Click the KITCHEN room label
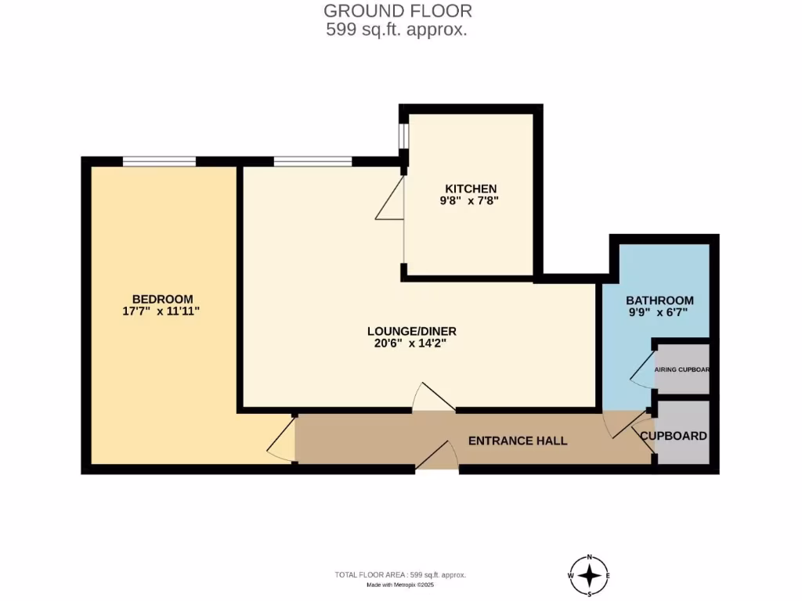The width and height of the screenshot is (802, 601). coord(471,189)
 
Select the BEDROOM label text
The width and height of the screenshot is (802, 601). coord(162,299)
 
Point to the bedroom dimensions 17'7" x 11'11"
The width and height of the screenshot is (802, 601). coord(162,311)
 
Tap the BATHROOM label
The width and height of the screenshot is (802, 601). coord(659,300)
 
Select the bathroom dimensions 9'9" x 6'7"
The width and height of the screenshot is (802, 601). coord(659,313)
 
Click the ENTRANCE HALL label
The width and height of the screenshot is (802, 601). coord(518,441)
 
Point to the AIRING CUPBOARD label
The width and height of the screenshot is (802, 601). coord(682,369)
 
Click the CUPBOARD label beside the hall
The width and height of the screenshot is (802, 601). coord(674,436)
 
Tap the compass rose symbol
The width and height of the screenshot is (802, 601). coord(590,577)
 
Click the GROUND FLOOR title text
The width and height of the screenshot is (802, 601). coord(398,11)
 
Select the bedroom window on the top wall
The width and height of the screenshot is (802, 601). coord(159,161)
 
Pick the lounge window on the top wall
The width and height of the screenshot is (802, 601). coord(312,161)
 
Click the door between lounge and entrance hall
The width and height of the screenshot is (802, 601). coord(434,399)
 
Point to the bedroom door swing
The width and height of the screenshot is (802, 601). coord(282,441)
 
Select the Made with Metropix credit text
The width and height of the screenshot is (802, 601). coord(400,585)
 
